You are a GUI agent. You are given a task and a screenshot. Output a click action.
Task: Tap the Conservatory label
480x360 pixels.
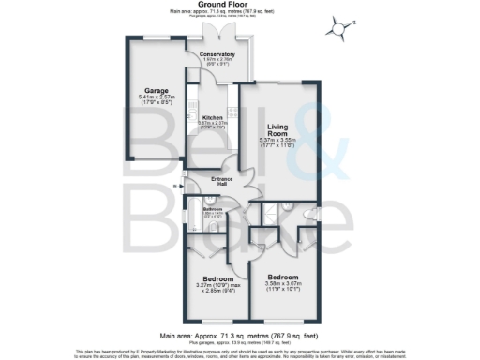tap(217, 55)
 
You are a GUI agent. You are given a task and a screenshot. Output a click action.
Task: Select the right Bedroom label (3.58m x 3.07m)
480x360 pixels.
tap(282, 278)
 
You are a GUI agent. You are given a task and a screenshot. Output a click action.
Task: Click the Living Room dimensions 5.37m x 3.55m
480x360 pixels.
tap(278, 142)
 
